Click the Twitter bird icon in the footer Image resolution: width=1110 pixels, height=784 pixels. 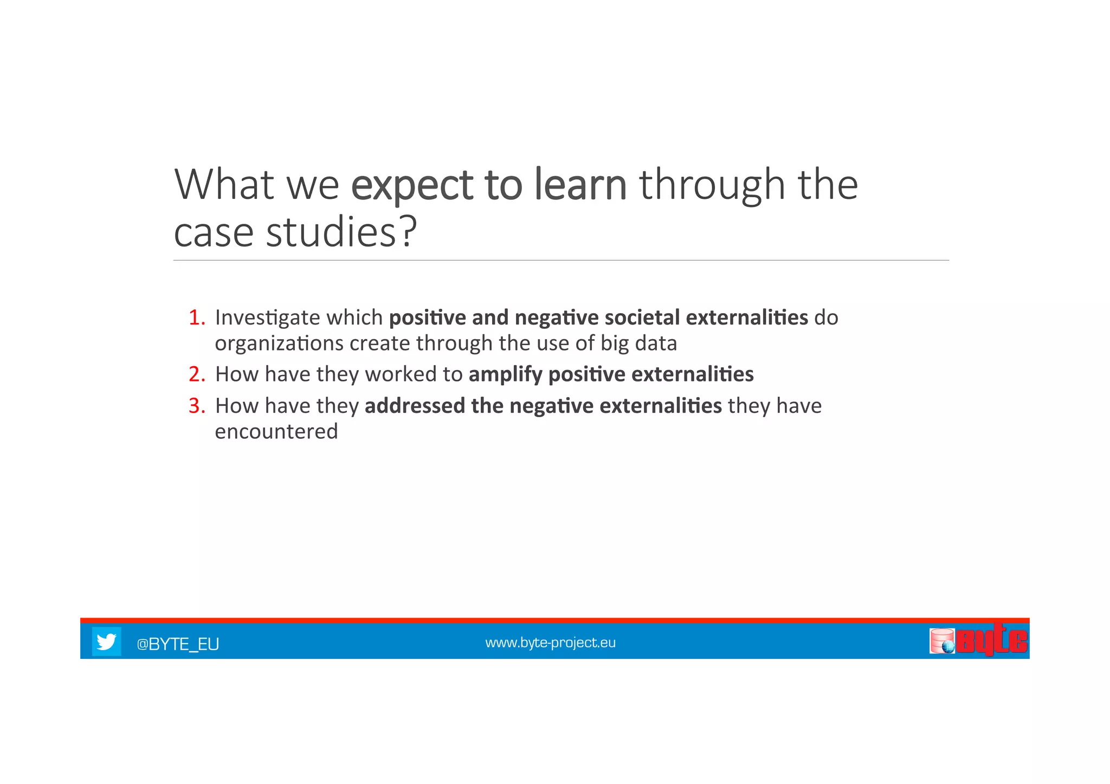pos(106,642)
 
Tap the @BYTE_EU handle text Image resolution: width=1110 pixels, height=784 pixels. pos(178,644)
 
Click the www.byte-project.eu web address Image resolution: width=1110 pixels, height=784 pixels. pos(550,643)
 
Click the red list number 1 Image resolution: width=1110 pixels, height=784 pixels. pos(196,318)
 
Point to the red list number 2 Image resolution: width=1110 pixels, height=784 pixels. pos(196,374)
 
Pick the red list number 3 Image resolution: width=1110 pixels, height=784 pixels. pos(196,406)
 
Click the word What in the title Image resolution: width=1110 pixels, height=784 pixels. pos(224,185)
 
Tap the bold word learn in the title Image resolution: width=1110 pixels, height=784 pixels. pos(580,185)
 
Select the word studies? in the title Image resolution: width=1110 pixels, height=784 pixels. pos(341,232)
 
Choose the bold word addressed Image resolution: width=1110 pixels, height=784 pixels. pos(415,406)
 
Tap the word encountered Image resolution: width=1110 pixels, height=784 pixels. pos(276,432)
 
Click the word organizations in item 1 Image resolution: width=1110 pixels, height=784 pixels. pos(279,344)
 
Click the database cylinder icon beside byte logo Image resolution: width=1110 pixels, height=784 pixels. pos(942,641)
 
